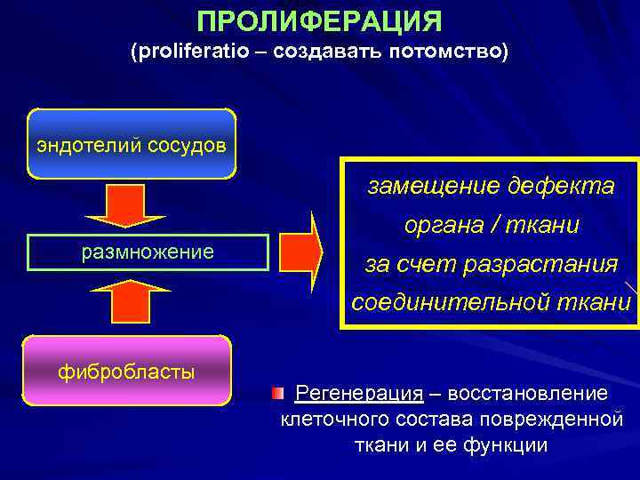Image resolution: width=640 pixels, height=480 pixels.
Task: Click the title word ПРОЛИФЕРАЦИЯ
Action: coord(319,20)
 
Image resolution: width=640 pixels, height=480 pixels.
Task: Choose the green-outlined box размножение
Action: coord(148,252)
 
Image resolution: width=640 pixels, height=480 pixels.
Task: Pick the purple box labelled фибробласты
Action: coord(126,372)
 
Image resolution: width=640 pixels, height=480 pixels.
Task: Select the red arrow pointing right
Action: coord(301,252)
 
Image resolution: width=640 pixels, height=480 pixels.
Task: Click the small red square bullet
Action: coord(278,392)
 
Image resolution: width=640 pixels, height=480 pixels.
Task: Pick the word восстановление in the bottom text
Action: coord(528,393)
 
